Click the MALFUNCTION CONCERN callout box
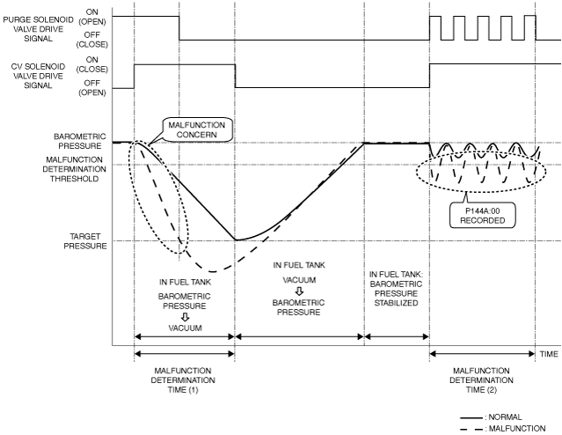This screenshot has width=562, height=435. tap(196, 129)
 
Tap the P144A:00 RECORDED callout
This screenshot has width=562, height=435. tap(483, 216)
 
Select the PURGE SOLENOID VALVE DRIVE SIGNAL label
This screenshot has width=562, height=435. tap(38, 29)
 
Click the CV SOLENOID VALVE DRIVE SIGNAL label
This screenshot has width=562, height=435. tap(38, 76)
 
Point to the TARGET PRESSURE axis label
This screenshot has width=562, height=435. tap(85, 241)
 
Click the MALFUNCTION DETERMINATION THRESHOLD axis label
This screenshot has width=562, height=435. tap(74, 169)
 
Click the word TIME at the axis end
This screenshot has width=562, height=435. tap(549, 354)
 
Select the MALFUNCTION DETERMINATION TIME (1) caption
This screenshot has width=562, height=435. tap(183, 380)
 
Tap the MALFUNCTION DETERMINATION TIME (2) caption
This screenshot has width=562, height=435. tap(481, 380)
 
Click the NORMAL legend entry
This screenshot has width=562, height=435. tap(491, 417)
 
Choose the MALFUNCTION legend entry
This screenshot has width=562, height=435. tap(503, 429)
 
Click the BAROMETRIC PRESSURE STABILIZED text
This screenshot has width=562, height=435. tap(396, 289)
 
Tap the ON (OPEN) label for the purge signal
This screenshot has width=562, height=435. tap(92, 17)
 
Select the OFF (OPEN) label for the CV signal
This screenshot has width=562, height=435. tap(92, 87)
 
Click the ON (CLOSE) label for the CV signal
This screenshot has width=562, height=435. tap(92, 64)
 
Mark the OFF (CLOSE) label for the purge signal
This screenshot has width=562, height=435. tap(92, 40)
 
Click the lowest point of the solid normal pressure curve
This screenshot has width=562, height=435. tap(236, 240)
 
